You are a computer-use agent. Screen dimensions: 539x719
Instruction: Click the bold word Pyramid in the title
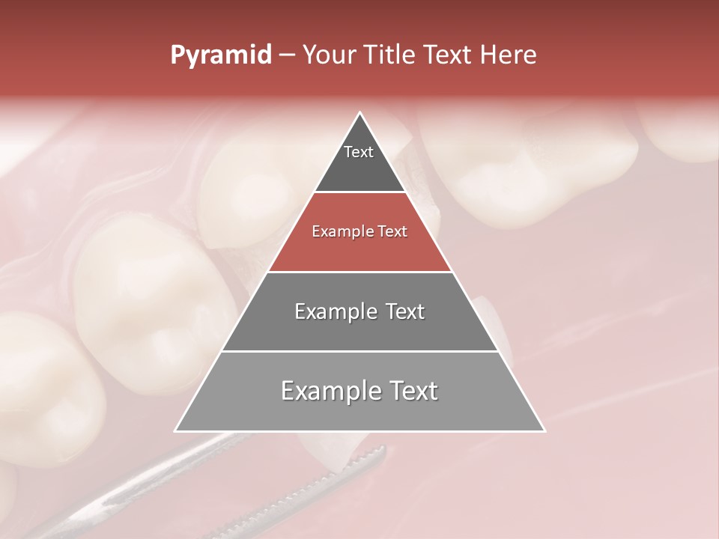pyautogui.click(x=221, y=55)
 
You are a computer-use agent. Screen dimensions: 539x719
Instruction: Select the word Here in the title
pyautogui.click(x=509, y=55)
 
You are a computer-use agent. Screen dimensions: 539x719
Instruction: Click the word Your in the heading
pyautogui.click(x=331, y=55)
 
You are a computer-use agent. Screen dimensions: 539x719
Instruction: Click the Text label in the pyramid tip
pyautogui.click(x=359, y=152)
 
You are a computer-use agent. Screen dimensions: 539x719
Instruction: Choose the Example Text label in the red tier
pyautogui.click(x=359, y=231)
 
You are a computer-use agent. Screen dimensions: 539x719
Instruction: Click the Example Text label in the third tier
pyautogui.click(x=359, y=311)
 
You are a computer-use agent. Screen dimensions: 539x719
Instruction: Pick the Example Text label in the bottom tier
pyautogui.click(x=359, y=391)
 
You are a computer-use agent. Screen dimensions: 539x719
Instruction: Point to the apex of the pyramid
pyautogui.click(x=359, y=113)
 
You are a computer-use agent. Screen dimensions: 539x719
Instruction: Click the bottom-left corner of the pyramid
pyautogui.click(x=176, y=430)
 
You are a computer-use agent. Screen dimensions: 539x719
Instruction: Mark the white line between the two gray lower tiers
pyautogui.click(x=359, y=351)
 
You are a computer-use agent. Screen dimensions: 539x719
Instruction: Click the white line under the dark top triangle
pyautogui.click(x=359, y=192)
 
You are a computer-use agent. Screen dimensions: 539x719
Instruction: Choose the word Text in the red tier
pyautogui.click(x=392, y=231)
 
